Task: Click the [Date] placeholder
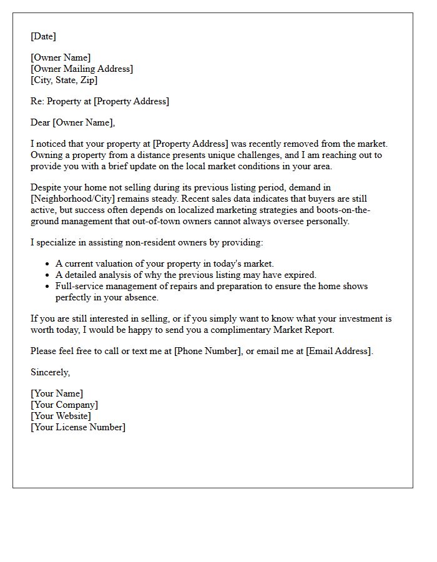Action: [x=43, y=36]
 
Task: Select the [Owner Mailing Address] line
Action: [x=82, y=69]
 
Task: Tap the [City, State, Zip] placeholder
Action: [x=64, y=80]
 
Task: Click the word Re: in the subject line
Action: [x=37, y=101]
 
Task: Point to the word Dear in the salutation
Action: [x=41, y=122]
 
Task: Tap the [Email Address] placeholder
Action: [x=339, y=351]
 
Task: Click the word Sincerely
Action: [x=51, y=372]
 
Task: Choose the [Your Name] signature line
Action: [x=57, y=393]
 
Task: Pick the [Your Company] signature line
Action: [x=64, y=405]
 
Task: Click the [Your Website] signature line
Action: [x=61, y=416]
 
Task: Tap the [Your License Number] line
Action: [x=78, y=427]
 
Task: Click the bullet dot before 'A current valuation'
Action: [x=47, y=264]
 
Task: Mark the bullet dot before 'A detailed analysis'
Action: [x=47, y=275]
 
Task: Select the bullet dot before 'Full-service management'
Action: [x=47, y=287]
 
